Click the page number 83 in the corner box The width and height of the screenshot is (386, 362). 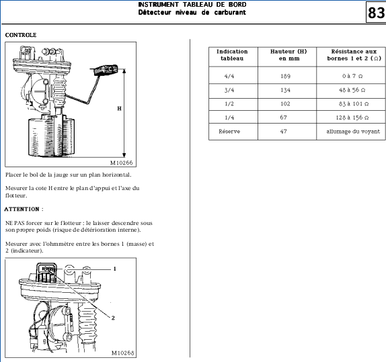[x=376, y=13]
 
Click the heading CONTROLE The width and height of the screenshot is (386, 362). [x=21, y=35]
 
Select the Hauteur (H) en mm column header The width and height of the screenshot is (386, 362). [x=288, y=55]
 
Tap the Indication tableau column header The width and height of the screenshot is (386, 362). [x=232, y=55]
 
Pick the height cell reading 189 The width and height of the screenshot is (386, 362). [x=286, y=76]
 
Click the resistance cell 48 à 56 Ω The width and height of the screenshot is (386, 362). [x=352, y=90]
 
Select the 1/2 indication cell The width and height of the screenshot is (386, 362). [x=229, y=104]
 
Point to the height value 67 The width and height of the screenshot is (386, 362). [x=283, y=118]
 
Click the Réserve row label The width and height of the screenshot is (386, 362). [x=229, y=132]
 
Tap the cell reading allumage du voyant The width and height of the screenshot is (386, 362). [x=353, y=132]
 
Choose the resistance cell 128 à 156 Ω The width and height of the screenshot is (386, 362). [x=352, y=118]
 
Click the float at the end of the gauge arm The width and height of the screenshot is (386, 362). [x=106, y=70]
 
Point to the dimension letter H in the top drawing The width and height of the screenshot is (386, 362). [x=120, y=108]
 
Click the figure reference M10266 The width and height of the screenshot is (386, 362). [x=121, y=163]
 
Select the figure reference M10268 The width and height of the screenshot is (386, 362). [x=122, y=353]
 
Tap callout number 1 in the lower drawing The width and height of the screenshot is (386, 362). [x=114, y=269]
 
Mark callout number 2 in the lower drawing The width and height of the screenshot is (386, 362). [x=113, y=318]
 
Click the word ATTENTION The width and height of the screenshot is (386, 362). [x=22, y=209]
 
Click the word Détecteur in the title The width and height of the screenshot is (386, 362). [x=155, y=12]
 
